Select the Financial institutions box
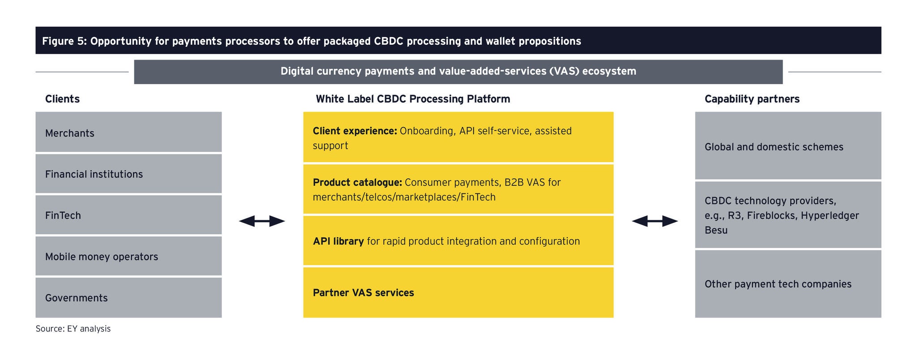(x=129, y=174)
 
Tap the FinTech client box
(x=129, y=215)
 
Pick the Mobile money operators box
(x=129, y=256)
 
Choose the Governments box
(x=129, y=298)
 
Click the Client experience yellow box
(x=458, y=137)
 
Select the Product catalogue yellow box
(x=458, y=189)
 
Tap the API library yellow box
(x=458, y=241)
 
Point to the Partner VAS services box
(x=458, y=292)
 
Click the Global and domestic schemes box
(x=788, y=146)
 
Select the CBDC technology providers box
(x=788, y=215)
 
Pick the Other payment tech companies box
(x=788, y=284)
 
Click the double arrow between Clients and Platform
(x=262, y=221)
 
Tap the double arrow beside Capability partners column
(x=655, y=221)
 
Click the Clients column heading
(x=62, y=99)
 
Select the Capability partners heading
(x=752, y=99)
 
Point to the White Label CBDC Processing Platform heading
(x=413, y=99)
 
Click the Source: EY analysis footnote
(x=73, y=329)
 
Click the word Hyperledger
(x=830, y=215)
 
